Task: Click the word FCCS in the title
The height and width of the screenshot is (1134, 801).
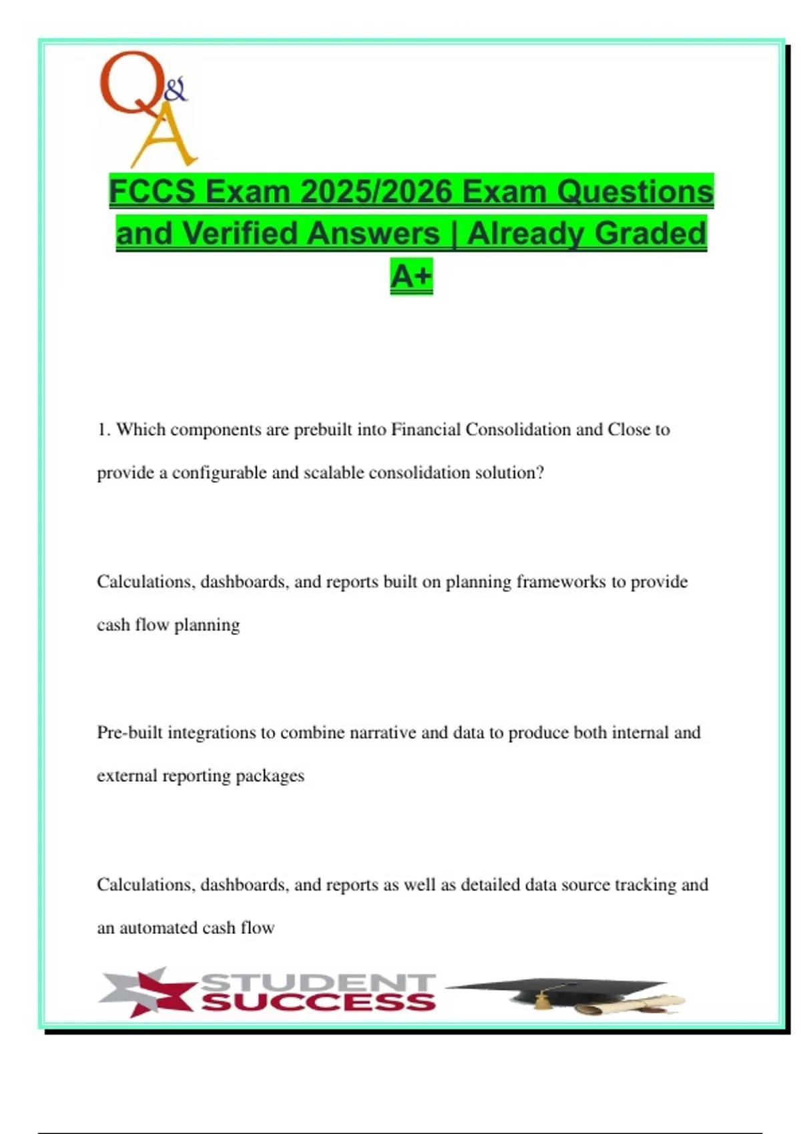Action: [152, 191]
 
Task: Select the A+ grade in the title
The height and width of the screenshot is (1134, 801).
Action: [411, 275]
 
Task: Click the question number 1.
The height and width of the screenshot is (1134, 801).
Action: [103, 430]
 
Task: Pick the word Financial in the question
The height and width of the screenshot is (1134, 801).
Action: [426, 430]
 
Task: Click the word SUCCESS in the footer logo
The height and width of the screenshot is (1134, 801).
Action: [319, 1002]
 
